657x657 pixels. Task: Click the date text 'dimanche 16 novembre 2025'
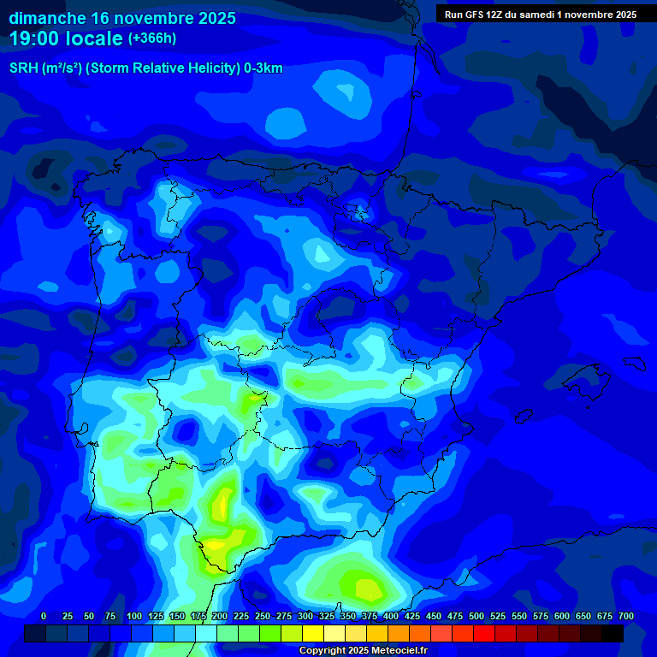122,18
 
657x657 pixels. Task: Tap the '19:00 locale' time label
67,38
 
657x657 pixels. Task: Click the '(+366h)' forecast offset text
152,38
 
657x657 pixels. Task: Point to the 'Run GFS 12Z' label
474,15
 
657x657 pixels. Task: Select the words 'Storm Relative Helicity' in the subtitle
168,68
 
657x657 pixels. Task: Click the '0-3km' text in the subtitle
262,68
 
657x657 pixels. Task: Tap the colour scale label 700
625,616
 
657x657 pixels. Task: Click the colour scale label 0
44,616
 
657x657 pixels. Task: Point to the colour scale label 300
305,616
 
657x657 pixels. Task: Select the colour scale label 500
476,616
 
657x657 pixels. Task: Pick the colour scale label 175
198,616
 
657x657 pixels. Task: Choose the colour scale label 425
412,616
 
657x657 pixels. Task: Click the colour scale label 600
562,616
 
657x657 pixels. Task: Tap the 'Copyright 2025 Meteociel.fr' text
362,651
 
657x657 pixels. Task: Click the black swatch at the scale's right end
613,633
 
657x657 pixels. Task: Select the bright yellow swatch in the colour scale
313,633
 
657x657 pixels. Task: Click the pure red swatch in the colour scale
484,633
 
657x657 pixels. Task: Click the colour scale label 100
134,616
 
